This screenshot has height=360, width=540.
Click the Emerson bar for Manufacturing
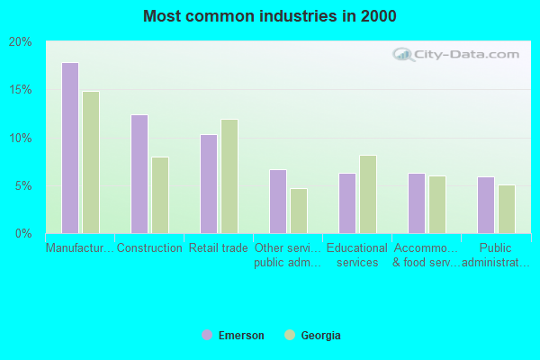point(70,148)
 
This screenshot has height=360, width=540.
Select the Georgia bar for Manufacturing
point(91,162)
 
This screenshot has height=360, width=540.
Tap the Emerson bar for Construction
point(139,174)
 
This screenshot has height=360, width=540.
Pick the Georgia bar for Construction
point(160,195)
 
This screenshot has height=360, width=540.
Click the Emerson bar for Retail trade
point(209,184)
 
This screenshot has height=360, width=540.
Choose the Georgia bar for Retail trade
point(229,176)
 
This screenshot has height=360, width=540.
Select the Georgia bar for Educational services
point(368,194)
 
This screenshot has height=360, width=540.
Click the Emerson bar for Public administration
point(486,205)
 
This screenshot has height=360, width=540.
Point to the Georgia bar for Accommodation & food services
point(437,204)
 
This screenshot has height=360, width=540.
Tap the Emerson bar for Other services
point(278,202)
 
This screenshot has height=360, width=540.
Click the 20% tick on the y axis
point(21,41)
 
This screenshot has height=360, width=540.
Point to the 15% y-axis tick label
point(21,90)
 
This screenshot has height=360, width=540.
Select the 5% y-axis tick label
point(23,186)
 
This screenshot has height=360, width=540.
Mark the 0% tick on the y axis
point(23,234)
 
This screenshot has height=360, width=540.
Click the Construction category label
point(149,248)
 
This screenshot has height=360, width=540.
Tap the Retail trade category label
point(219,248)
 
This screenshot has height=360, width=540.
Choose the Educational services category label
point(357,256)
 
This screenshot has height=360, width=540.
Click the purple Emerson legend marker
point(207,336)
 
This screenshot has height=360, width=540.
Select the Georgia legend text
point(321,336)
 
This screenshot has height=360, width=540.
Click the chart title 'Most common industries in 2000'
point(270,16)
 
